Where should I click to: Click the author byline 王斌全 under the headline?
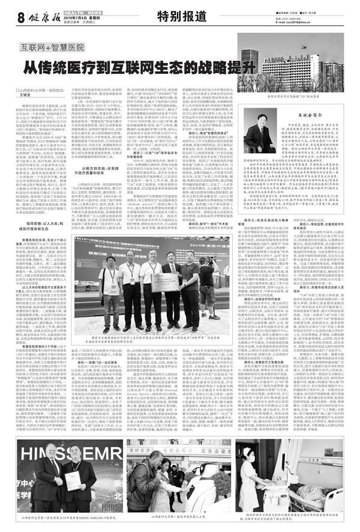tap(24, 94)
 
